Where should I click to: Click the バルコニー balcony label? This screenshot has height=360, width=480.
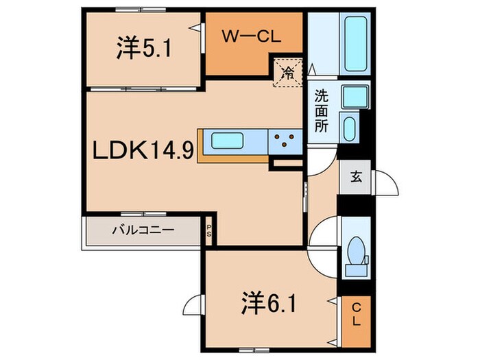143,231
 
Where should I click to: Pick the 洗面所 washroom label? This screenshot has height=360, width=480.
322,111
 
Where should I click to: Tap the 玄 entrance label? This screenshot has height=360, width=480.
357,177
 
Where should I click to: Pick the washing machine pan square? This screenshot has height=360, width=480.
353,97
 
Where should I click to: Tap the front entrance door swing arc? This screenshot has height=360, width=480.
388,184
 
